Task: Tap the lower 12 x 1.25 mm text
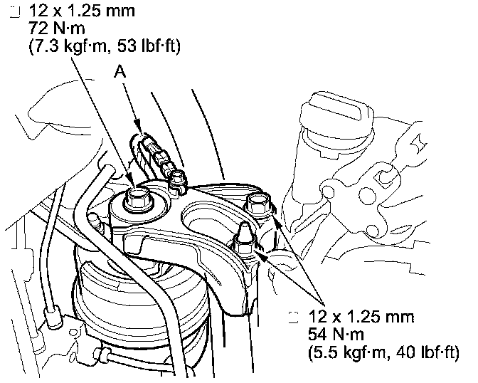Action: (x=361, y=316)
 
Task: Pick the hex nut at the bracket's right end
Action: (x=257, y=204)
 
